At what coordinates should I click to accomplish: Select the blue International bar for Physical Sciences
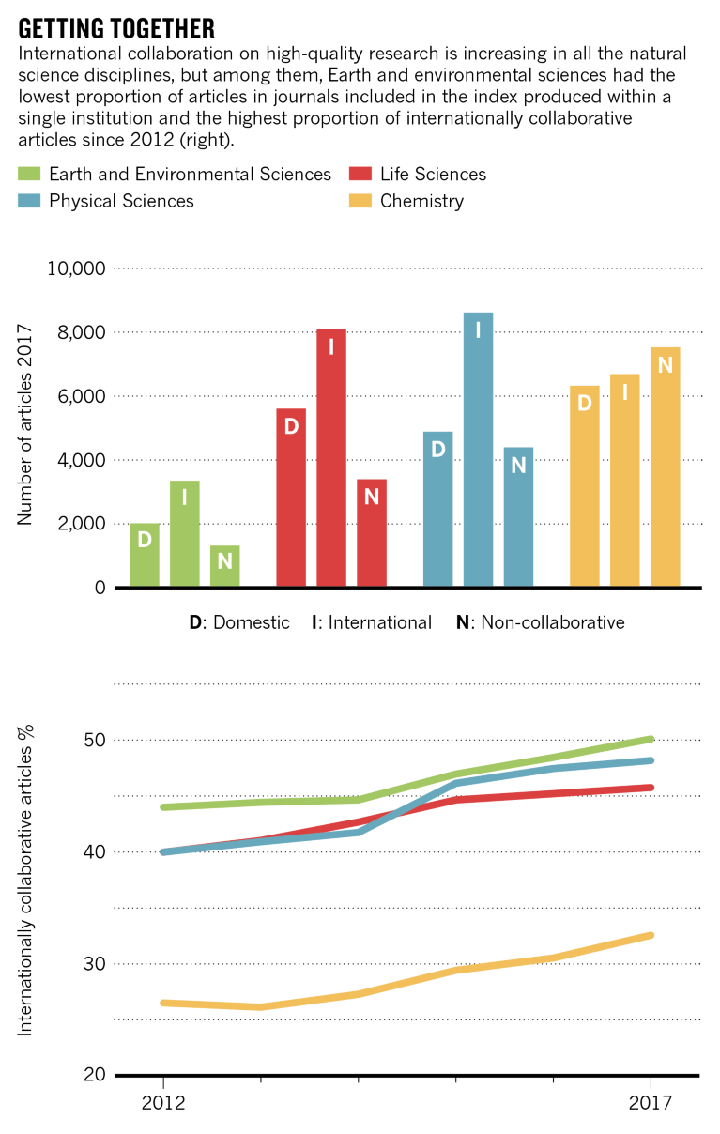(478, 450)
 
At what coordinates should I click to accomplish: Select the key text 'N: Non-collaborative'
(540, 622)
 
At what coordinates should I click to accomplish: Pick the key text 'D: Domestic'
(239, 622)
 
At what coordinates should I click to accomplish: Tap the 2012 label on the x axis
(162, 1102)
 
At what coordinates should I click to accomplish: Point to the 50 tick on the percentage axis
(92, 741)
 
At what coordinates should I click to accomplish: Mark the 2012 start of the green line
(163, 807)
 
